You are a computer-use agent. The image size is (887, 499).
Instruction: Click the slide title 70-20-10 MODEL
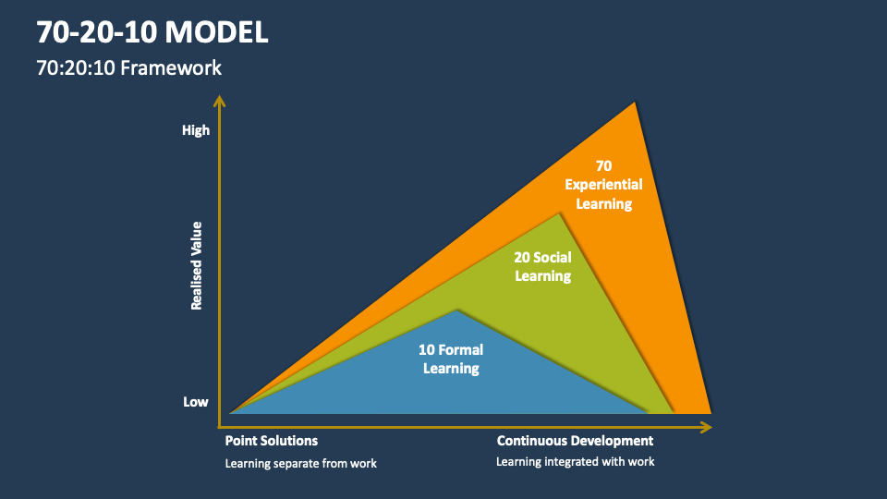pos(153,32)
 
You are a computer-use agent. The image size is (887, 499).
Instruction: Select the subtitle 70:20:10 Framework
pos(129,68)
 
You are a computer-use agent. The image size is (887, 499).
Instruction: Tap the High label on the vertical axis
pos(196,130)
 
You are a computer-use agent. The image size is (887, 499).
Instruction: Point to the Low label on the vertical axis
pos(195,402)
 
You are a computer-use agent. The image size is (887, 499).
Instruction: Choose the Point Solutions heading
pos(272,441)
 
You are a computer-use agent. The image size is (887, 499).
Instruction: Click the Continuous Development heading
pos(575,441)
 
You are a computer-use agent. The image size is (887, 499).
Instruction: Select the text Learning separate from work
pos(301,463)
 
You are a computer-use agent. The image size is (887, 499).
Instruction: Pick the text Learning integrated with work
pos(575,461)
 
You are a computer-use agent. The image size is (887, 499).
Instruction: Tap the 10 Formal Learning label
pos(451,359)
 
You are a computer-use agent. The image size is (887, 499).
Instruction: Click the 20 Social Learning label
pos(542,266)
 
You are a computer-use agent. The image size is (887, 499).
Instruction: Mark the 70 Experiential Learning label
pos(603,185)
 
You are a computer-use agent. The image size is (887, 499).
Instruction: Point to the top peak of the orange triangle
pos(635,104)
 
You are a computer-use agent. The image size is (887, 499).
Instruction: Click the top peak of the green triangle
pos(559,215)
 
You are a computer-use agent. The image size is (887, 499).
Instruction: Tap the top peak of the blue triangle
pos(456,310)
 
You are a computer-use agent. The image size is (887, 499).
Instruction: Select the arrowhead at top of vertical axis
pos(219,100)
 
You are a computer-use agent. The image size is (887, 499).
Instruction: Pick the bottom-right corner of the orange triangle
pos(709,411)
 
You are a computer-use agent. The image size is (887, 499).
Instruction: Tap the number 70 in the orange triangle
pos(603,166)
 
